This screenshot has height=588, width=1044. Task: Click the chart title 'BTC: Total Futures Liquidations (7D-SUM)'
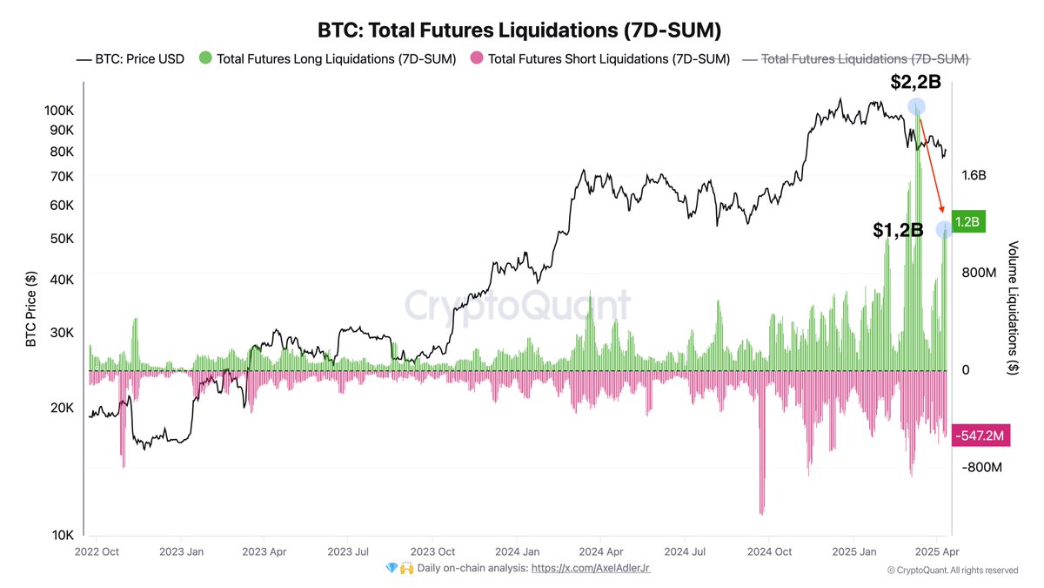[x=519, y=30]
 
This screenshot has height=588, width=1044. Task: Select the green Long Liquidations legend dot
[x=205, y=59]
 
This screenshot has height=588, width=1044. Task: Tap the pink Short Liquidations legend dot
[x=477, y=59]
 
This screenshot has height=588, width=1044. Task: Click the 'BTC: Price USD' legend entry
[x=130, y=59]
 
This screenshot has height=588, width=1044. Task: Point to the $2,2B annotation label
[x=916, y=83]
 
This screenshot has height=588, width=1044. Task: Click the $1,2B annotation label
[x=897, y=230]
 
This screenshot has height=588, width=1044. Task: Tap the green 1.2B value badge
[x=967, y=222]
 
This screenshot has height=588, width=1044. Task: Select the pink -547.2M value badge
[x=980, y=434]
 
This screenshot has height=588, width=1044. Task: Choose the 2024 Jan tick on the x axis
[x=518, y=551]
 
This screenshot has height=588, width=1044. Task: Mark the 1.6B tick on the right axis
[x=974, y=175]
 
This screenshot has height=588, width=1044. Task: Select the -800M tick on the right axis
[x=981, y=468]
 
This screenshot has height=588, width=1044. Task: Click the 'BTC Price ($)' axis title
[x=31, y=309]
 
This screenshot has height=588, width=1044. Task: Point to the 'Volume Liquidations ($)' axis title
[x=1013, y=308]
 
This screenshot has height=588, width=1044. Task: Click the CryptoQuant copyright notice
[x=953, y=570]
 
